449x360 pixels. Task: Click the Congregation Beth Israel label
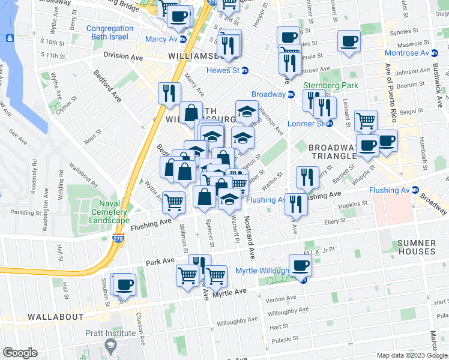point(110,33)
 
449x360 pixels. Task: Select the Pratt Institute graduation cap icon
point(110,345)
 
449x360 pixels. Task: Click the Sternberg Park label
point(330,86)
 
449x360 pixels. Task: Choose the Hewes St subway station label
point(223,70)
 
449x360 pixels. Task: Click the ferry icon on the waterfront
point(10,38)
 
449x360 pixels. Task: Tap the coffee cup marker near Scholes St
point(349,41)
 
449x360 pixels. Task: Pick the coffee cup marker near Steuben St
point(124,284)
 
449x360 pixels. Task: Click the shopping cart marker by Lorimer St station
point(366,121)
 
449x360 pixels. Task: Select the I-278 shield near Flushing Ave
point(115,238)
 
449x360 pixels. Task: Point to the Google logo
point(20,353)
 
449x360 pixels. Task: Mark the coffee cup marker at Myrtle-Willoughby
point(300,265)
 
